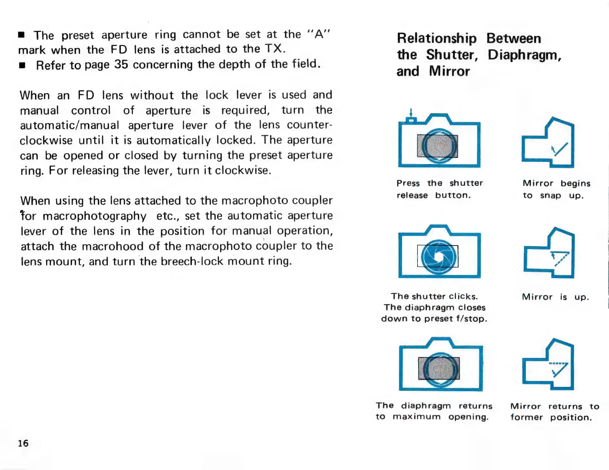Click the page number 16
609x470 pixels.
[23, 443]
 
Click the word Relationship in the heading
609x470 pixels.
[437, 39]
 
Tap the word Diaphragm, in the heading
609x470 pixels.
[524, 55]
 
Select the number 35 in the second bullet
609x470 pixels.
[121, 64]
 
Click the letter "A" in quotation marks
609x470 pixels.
[319, 34]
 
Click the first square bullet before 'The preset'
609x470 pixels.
[21, 35]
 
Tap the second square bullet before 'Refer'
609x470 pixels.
[22, 66]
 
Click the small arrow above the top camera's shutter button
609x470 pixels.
[411, 112]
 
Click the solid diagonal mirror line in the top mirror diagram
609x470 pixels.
[560, 149]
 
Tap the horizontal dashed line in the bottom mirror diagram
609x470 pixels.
[558, 363]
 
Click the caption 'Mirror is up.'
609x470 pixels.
[555, 297]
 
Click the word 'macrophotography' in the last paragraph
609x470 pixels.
[94, 216]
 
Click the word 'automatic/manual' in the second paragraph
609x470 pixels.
[70, 125]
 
